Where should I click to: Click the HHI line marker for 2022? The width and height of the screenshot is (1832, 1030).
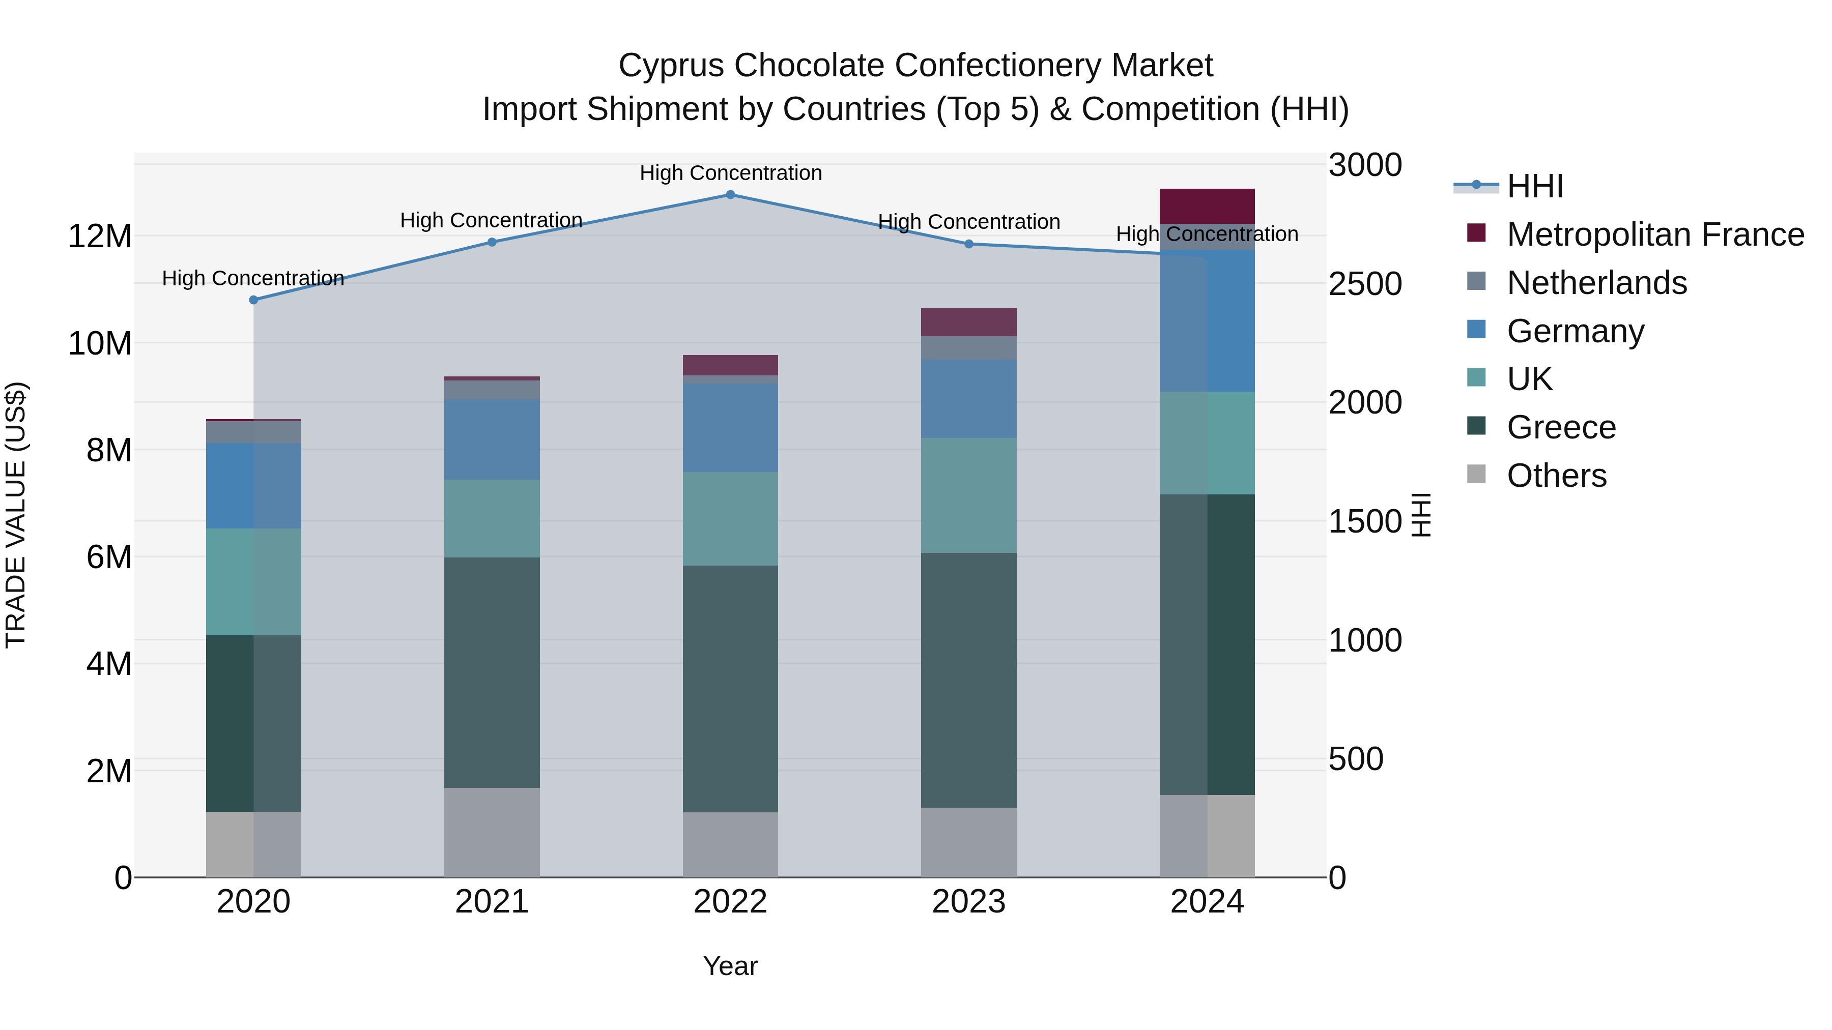tap(730, 195)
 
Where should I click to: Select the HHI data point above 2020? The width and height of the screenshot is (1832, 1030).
tap(254, 300)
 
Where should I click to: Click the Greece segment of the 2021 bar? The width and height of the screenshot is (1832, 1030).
tap(492, 672)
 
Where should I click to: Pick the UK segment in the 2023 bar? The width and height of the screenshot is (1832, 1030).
tap(968, 495)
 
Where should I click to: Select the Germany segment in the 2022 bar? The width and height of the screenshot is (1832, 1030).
tap(730, 428)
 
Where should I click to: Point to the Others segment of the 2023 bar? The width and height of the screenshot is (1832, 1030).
tap(968, 842)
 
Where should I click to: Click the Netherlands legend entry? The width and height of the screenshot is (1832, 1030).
tap(1596, 283)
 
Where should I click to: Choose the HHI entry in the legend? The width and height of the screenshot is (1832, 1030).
tap(1535, 186)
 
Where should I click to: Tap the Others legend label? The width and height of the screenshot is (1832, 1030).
tap(1557, 476)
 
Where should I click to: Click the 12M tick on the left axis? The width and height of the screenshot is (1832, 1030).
tap(100, 236)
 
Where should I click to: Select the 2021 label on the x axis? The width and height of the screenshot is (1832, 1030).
tap(492, 902)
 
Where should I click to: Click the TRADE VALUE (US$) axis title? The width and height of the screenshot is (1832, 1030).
tap(16, 515)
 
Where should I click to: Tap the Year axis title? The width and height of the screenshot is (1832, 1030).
tap(730, 966)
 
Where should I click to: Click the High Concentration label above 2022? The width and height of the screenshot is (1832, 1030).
tap(730, 173)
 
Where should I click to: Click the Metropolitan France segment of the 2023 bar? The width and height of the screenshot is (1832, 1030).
tap(968, 322)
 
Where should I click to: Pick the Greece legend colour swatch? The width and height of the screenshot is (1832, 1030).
tap(1476, 426)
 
